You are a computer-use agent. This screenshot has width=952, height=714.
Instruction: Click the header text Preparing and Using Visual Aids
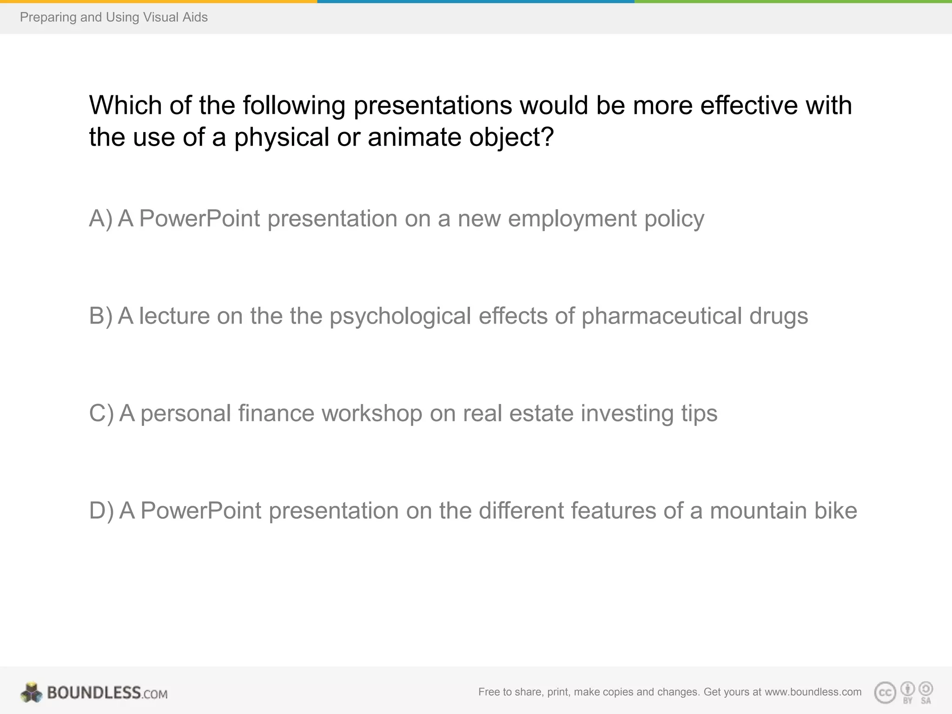113,17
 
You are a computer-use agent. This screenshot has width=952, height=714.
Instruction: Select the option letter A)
101,218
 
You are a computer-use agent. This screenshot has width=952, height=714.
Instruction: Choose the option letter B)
101,316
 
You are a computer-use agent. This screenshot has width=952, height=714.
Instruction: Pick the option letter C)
101,413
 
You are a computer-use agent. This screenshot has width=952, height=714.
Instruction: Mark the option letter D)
101,510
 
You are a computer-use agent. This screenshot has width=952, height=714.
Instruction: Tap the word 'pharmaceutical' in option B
661,316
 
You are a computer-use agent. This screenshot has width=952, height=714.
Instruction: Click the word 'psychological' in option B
400,316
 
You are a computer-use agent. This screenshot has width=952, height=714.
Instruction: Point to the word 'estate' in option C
541,413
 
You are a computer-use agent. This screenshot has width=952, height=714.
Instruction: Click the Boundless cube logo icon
31,693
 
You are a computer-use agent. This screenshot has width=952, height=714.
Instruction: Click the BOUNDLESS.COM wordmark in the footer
107,693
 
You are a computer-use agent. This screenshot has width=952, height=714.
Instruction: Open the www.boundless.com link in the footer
813,692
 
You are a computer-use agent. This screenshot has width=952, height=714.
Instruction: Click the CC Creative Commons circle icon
885,693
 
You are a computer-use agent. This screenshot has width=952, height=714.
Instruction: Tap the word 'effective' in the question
749,105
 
